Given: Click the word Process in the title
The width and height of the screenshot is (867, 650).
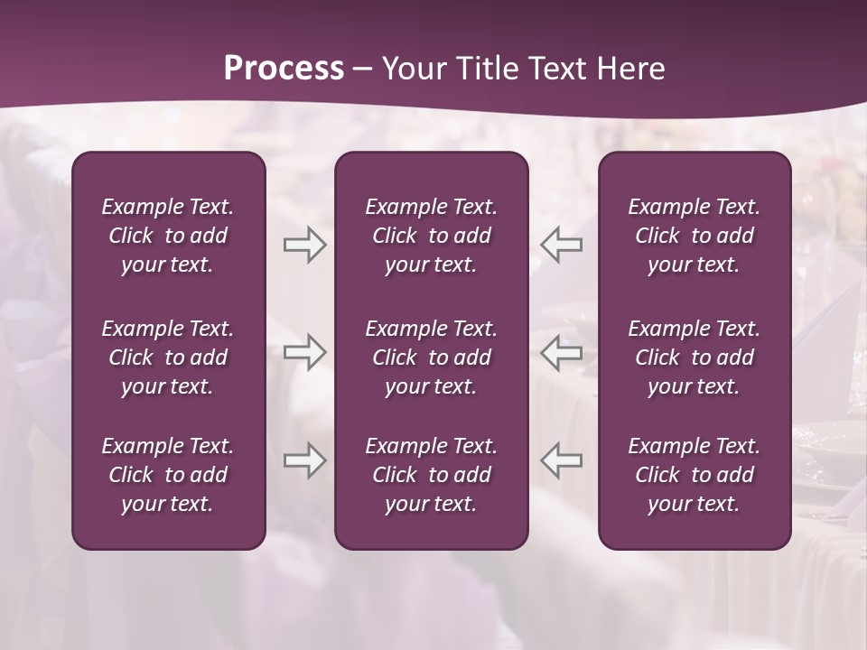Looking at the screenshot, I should pyautogui.click(x=284, y=69).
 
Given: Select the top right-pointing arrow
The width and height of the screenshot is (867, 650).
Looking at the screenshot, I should pyautogui.click(x=305, y=245).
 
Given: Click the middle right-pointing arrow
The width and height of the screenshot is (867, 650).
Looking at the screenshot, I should pyautogui.click(x=305, y=352).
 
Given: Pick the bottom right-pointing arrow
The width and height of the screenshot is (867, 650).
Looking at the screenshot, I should pyautogui.click(x=305, y=460).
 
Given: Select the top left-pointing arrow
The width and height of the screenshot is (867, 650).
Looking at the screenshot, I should pyautogui.click(x=562, y=245).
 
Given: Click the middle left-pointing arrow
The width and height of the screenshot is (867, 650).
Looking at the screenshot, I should pyautogui.click(x=562, y=352).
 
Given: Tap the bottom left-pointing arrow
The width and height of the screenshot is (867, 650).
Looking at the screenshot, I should pyautogui.click(x=562, y=460).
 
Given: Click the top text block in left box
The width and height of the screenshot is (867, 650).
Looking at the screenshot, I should pyautogui.click(x=168, y=236).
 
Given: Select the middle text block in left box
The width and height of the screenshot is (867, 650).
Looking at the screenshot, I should pyautogui.click(x=168, y=357).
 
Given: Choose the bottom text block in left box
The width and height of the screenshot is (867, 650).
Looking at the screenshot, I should pyautogui.click(x=168, y=475).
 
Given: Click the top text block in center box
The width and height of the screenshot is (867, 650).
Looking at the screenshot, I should pyautogui.click(x=432, y=236).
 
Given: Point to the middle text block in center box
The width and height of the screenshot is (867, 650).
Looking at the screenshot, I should pyautogui.click(x=432, y=357).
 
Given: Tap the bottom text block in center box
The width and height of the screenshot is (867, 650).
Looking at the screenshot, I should pyautogui.click(x=432, y=475).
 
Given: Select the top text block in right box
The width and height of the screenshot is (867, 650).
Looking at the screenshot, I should pyautogui.click(x=695, y=236).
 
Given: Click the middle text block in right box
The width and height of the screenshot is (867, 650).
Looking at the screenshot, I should pyautogui.click(x=695, y=357).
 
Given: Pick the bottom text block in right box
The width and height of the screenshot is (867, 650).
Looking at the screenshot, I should pyautogui.click(x=695, y=475).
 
